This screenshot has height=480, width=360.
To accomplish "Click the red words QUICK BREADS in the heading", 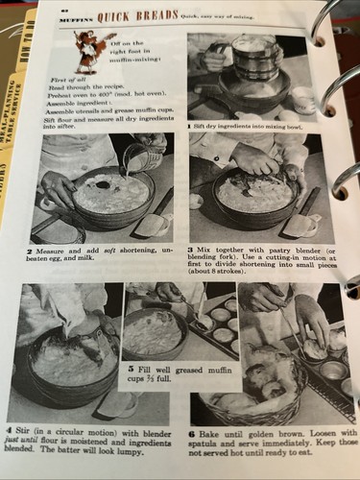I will tap(141, 15).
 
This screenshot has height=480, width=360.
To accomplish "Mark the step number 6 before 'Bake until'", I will tap(195, 433).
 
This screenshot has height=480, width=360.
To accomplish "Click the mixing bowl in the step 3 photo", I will tap(253, 199).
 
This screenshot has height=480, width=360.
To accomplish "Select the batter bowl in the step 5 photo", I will tap(155, 331).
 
